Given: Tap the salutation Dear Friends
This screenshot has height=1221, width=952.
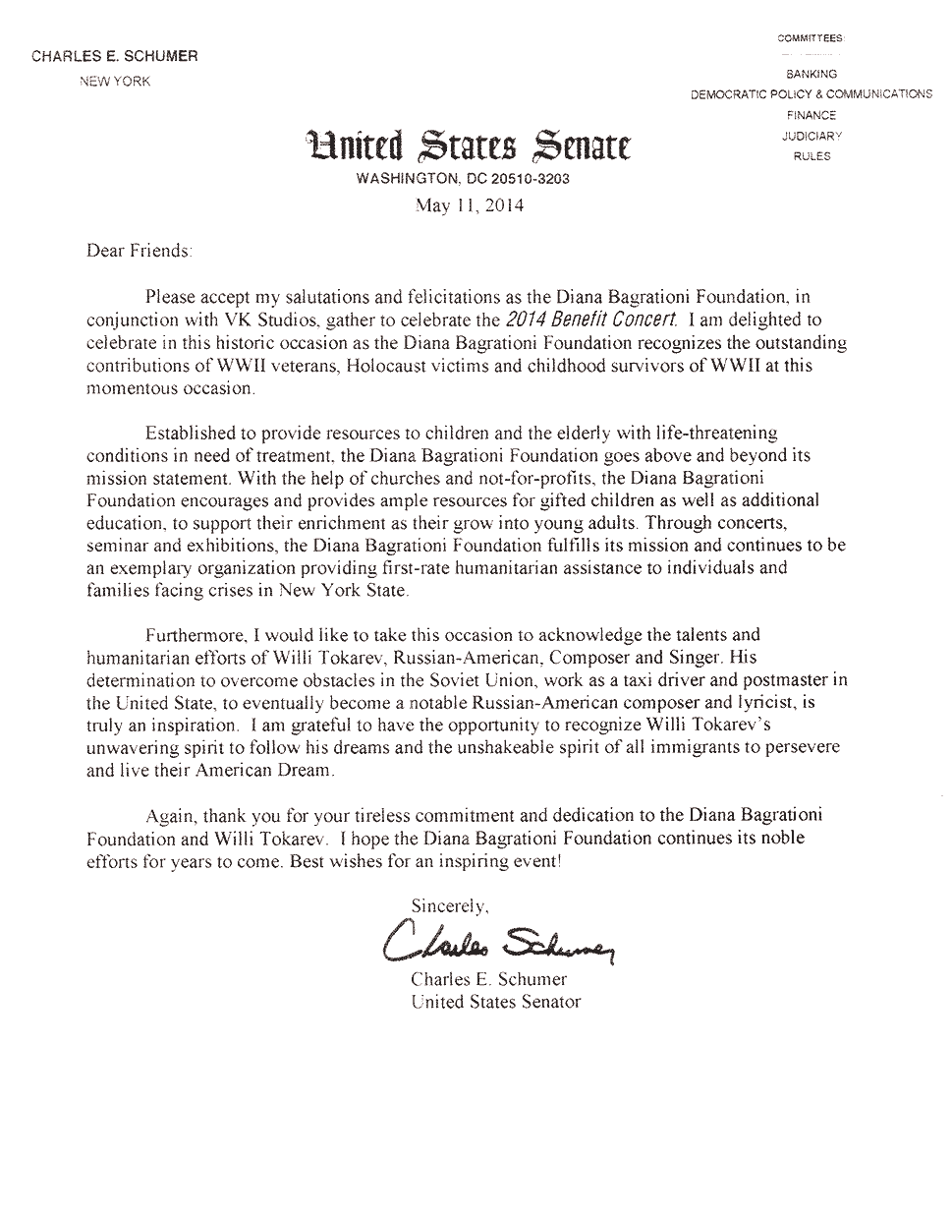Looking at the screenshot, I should pos(139,251).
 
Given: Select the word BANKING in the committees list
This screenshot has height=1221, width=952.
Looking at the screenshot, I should pos(811,74).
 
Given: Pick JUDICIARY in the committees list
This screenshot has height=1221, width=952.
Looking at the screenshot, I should pos(812,136).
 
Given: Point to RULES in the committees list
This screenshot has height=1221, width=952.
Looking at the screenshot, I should pos(812,156).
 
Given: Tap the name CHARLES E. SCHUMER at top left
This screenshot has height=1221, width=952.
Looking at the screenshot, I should pos(115,56).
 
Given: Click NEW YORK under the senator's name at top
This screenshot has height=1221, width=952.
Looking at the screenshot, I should pos(115,82).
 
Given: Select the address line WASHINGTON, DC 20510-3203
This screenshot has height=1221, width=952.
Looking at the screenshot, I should pos(463,180).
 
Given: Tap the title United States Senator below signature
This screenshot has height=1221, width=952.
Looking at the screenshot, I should pos(496,1002).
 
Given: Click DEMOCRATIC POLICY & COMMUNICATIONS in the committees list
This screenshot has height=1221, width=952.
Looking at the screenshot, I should pos(811,94).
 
